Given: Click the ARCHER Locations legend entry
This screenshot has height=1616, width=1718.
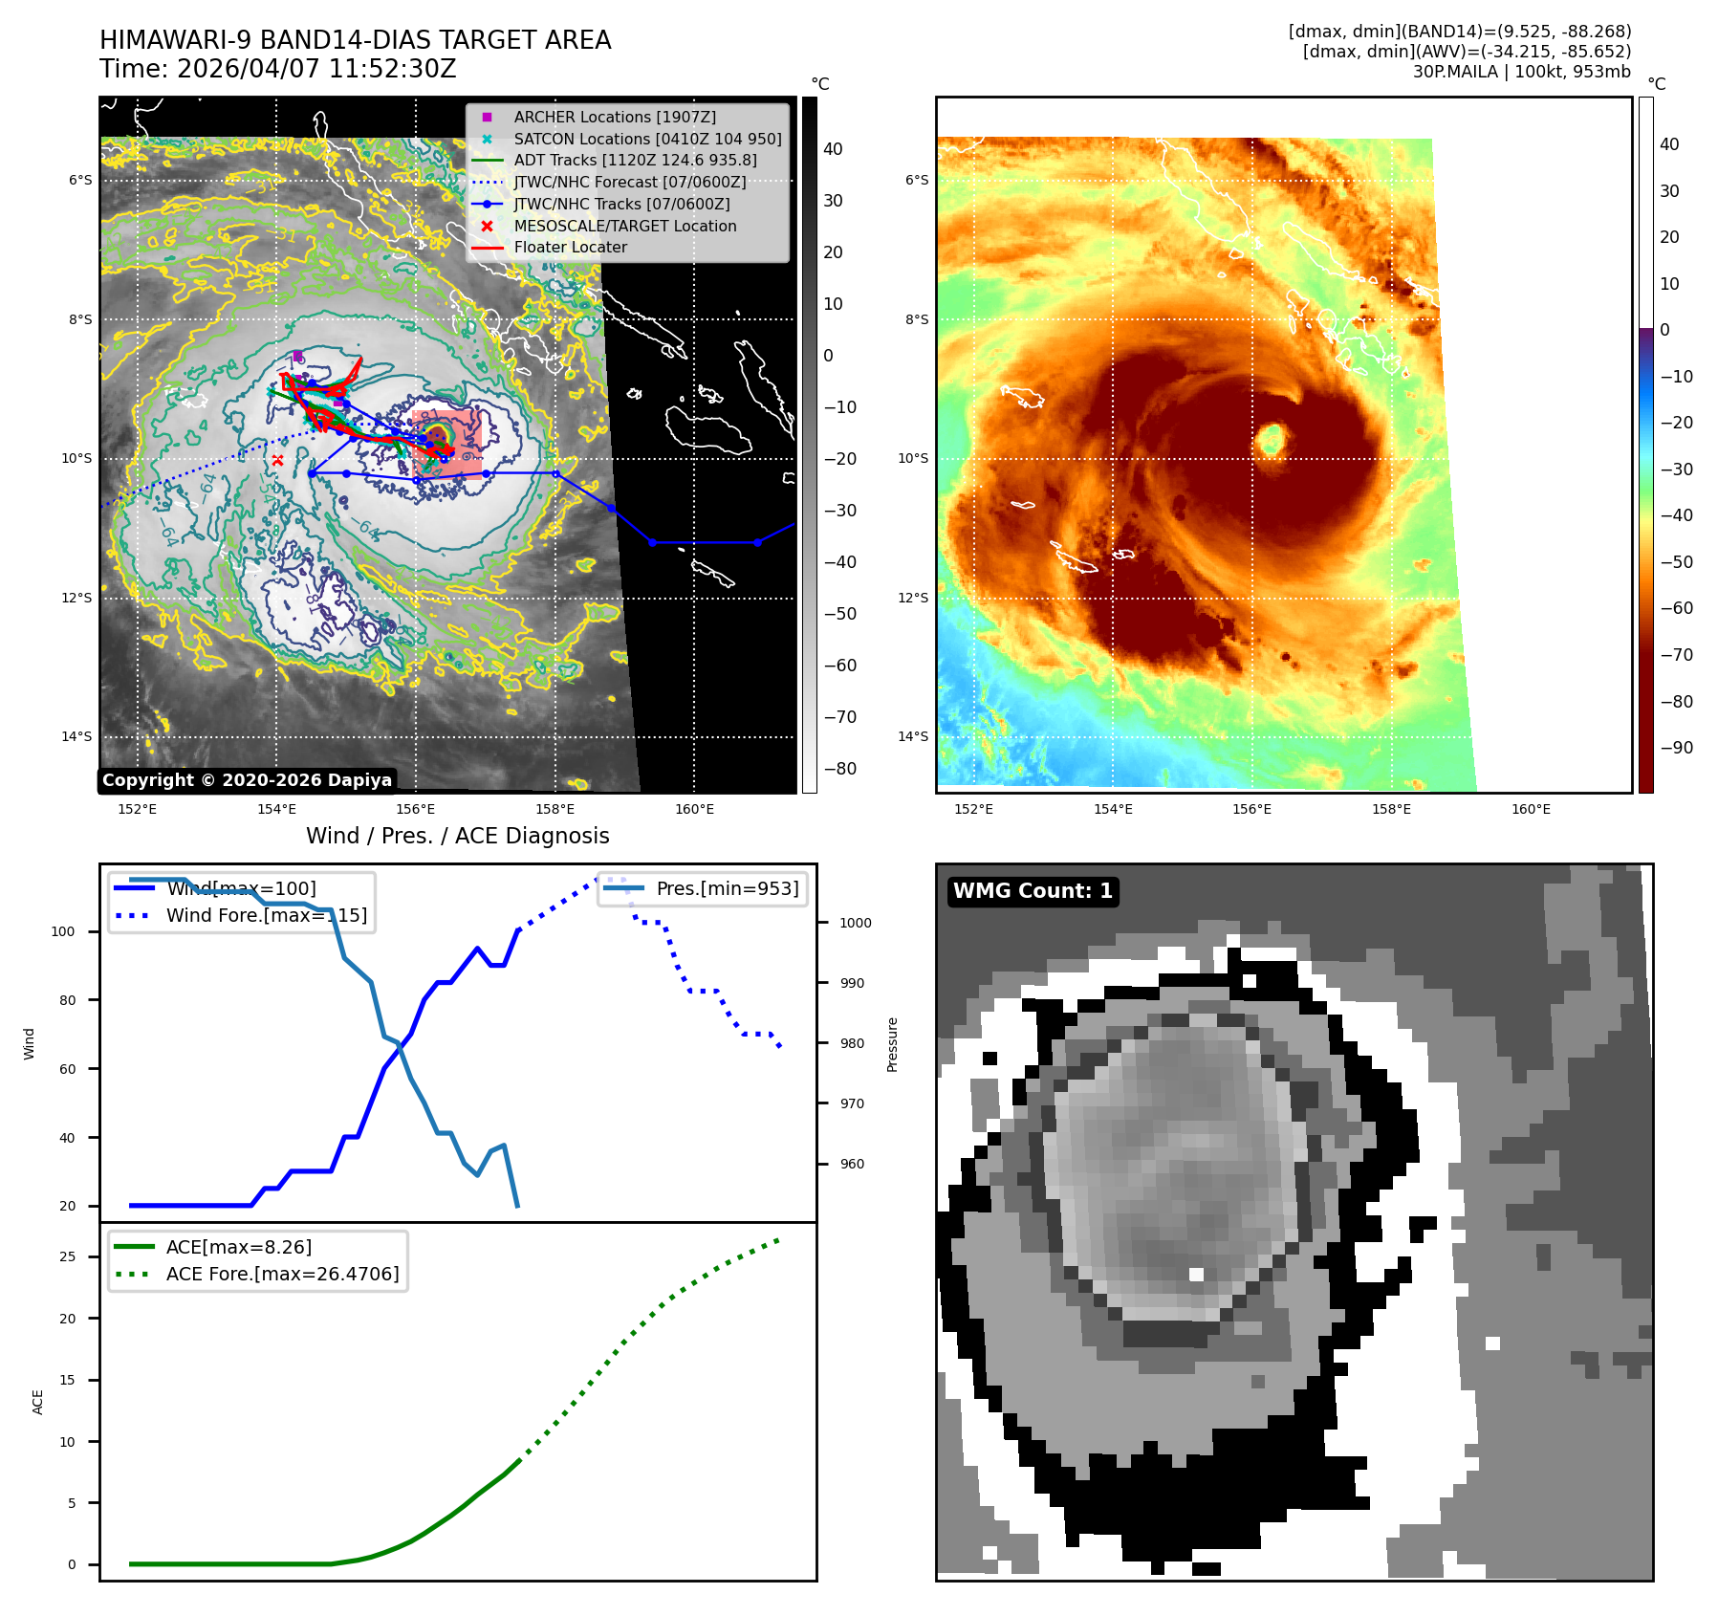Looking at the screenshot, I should [614, 117].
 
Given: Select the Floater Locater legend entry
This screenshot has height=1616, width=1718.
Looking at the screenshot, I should [570, 247].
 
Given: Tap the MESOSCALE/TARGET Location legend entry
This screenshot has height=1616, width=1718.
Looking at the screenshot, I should [624, 226].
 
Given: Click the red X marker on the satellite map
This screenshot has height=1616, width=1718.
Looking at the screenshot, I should [277, 461].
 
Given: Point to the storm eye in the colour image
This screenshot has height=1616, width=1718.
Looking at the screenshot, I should [1271, 439].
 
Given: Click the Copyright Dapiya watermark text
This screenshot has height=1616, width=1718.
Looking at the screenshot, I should [247, 780].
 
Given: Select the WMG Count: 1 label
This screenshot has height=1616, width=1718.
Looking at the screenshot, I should [1033, 891].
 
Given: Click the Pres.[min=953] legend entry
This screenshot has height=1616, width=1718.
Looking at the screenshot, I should [727, 888].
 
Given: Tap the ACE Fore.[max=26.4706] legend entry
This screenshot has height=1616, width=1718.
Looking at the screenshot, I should [282, 1274].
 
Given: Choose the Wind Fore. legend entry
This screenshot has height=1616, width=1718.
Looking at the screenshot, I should [266, 915].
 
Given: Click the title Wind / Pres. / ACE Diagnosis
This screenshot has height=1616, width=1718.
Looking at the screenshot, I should [457, 836].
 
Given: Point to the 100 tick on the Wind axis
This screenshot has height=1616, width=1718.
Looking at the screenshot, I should [63, 931].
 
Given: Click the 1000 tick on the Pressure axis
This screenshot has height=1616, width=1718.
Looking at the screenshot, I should [855, 923].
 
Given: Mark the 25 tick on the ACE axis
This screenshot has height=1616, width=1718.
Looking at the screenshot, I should [67, 1256].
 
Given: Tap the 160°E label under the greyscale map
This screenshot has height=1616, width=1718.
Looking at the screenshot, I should [694, 809].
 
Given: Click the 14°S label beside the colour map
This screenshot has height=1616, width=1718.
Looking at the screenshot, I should [913, 736].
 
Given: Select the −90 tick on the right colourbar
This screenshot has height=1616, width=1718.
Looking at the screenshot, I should [1676, 748].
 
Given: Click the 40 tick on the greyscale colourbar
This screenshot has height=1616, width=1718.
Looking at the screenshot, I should [833, 149].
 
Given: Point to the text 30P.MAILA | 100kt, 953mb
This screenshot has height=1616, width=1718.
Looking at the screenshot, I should [1521, 72].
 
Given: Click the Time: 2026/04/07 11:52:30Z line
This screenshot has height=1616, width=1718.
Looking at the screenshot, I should [278, 69].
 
